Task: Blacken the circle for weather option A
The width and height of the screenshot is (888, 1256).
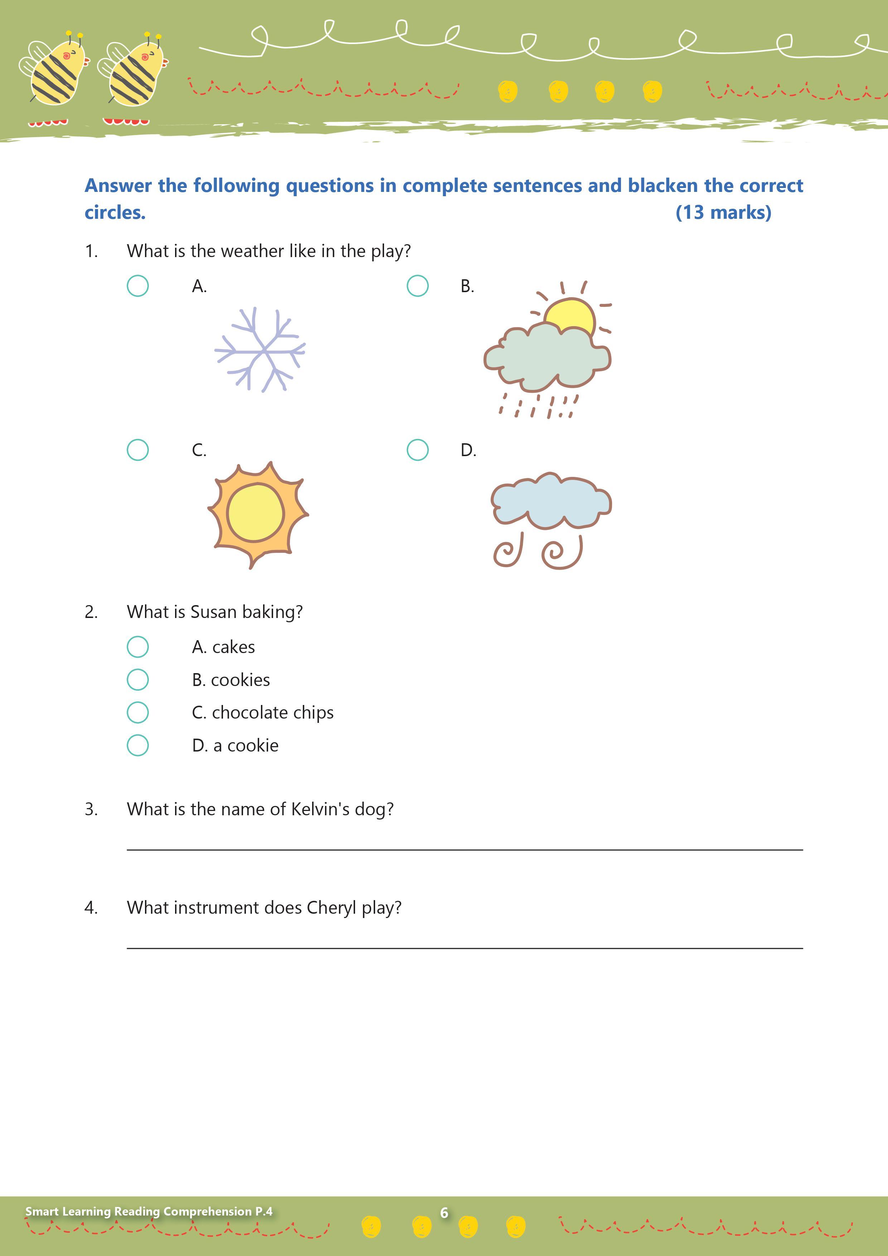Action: [x=138, y=286]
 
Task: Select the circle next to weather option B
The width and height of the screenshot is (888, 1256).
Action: [x=417, y=286]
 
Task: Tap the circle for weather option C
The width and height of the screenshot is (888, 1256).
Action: [x=138, y=450]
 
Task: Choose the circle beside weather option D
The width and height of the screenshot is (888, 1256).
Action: [x=417, y=450]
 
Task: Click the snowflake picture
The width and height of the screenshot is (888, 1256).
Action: [x=260, y=349]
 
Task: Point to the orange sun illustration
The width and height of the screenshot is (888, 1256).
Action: [x=257, y=514]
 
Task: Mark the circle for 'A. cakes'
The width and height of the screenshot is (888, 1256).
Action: [x=138, y=647]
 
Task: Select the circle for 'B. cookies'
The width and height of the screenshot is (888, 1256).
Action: [x=138, y=680]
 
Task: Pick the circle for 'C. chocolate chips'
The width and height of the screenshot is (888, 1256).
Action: [x=138, y=712]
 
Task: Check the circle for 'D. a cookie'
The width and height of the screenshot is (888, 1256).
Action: [x=138, y=745]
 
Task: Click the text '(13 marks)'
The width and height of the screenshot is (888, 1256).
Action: [x=723, y=212]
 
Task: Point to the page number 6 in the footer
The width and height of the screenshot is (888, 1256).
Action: [x=444, y=1213]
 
